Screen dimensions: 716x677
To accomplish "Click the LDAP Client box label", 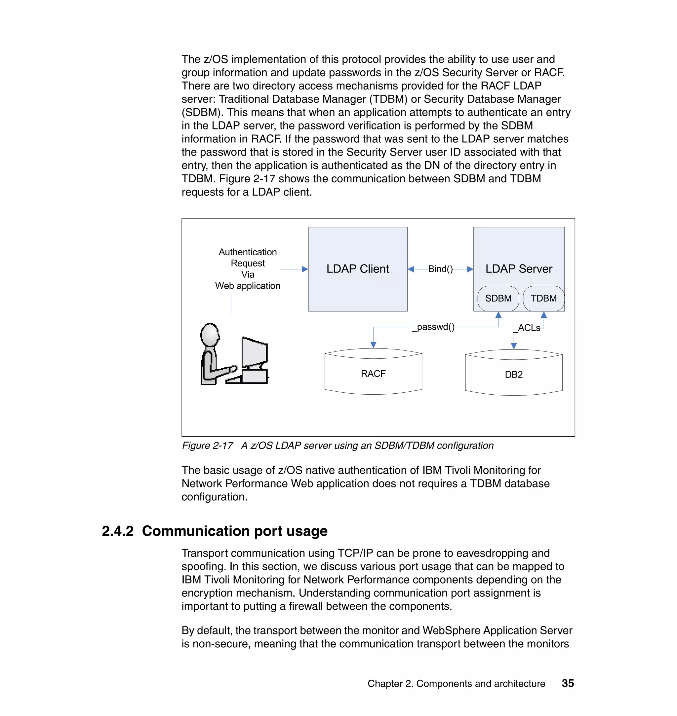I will point(357,269).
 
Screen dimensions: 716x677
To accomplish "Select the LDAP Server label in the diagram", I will point(518,269).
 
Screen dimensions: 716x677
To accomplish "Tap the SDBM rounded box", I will point(498,299).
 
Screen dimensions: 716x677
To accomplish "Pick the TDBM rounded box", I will point(543,299).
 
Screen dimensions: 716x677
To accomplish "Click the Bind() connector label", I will point(440,269).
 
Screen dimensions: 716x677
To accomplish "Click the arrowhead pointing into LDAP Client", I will point(305,269).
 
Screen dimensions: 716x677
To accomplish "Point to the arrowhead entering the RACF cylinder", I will point(373,345).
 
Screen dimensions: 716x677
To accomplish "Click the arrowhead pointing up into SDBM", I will point(498,315).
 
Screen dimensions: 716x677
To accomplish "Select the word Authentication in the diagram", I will point(248,252).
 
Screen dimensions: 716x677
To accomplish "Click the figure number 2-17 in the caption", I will point(223,446).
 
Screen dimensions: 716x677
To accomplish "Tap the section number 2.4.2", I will point(118,531).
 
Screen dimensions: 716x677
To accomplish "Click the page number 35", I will point(567,683).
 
